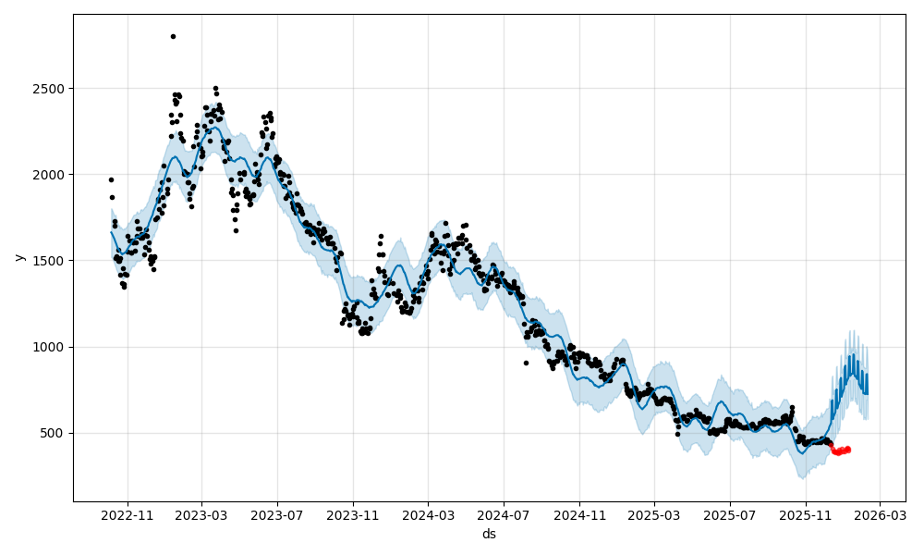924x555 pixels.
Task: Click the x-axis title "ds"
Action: click(489, 534)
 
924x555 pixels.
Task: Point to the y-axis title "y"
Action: click(18, 257)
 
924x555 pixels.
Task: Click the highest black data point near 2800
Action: click(173, 36)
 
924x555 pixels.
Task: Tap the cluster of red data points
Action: click(840, 450)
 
